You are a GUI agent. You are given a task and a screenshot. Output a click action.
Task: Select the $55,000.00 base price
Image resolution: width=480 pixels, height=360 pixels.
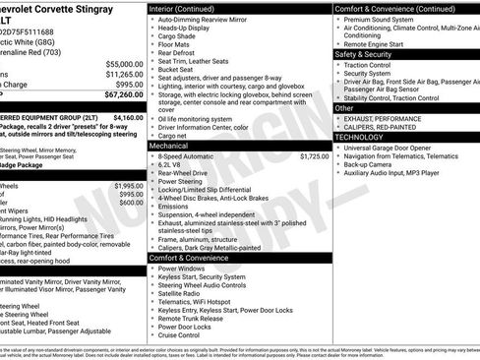[123, 63]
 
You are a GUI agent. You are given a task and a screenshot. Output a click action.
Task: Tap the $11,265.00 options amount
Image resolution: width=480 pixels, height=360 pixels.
[123, 74]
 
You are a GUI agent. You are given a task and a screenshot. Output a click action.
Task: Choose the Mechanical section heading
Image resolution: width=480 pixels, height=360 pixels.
[169, 145]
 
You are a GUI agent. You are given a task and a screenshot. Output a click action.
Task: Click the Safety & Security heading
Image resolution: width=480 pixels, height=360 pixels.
[363, 54]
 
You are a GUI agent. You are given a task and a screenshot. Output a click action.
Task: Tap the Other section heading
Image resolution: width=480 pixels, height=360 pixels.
[345, 108]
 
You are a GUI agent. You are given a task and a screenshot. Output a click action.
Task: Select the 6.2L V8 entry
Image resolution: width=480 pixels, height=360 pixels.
[173, 164]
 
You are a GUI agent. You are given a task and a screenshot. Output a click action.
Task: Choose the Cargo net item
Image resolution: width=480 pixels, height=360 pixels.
[176, 135]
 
